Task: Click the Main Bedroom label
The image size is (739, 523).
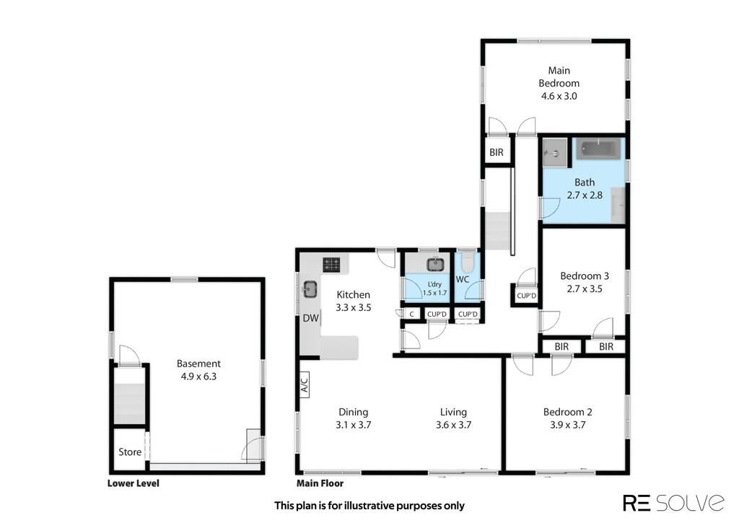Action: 559,76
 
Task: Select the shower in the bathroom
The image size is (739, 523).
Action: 555,152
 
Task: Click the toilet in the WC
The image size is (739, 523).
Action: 467,260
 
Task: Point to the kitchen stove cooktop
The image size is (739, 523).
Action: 331,264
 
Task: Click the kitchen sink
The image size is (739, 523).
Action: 310,289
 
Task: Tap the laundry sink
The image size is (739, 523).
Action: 436,264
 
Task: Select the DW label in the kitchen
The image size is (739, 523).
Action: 310,318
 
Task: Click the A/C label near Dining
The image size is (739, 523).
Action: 305,382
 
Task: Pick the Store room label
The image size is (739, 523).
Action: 130,452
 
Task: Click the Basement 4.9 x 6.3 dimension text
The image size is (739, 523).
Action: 198,376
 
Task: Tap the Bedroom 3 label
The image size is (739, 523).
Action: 585,276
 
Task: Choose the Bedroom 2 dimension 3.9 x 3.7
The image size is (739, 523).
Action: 567,424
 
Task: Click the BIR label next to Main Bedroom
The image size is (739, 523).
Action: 497,152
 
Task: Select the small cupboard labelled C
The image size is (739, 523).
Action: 411,314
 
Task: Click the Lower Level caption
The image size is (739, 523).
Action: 134,483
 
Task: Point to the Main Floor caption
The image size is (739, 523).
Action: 320,483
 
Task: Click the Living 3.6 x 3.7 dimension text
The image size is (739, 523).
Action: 453,424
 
